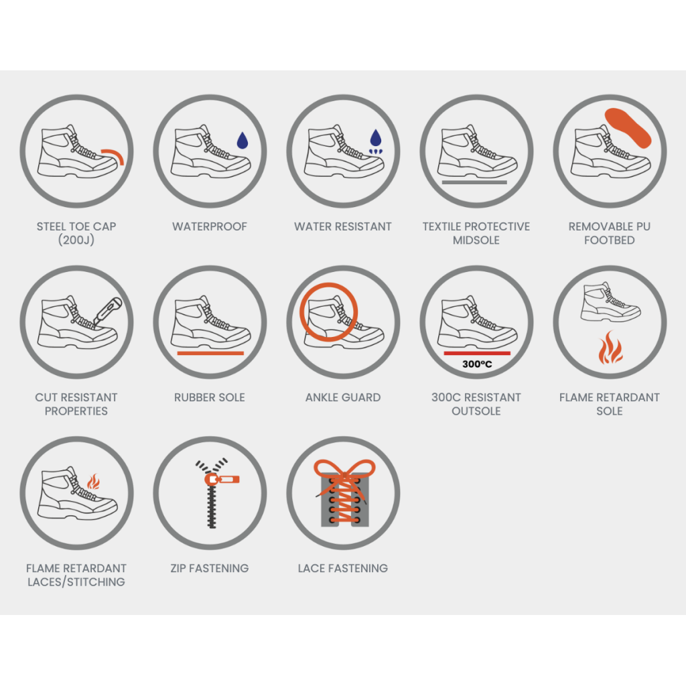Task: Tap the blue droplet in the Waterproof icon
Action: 243,141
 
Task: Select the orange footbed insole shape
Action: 628,128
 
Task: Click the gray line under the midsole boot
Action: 474,182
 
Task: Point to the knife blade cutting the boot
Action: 108,311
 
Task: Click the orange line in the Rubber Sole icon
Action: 210,353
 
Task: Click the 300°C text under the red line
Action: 477,364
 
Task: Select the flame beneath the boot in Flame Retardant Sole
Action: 610,348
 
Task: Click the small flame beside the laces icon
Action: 93,482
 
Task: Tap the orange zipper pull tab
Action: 222,480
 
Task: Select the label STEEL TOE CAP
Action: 76,226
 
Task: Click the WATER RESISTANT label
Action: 343,226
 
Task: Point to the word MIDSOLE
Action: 476,241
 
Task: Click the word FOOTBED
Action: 610,241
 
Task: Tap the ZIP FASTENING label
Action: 210,568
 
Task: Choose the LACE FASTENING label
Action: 343,568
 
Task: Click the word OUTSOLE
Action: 476,411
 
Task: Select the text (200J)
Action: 76,241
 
